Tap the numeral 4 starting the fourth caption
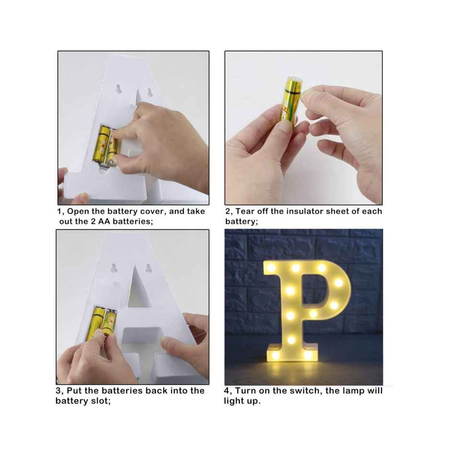pyautogui.click(x=227, y=391)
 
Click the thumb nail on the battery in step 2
pyautogui.click(x=285, y=126)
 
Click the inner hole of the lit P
pyautogui.click(x=313, y=291)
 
